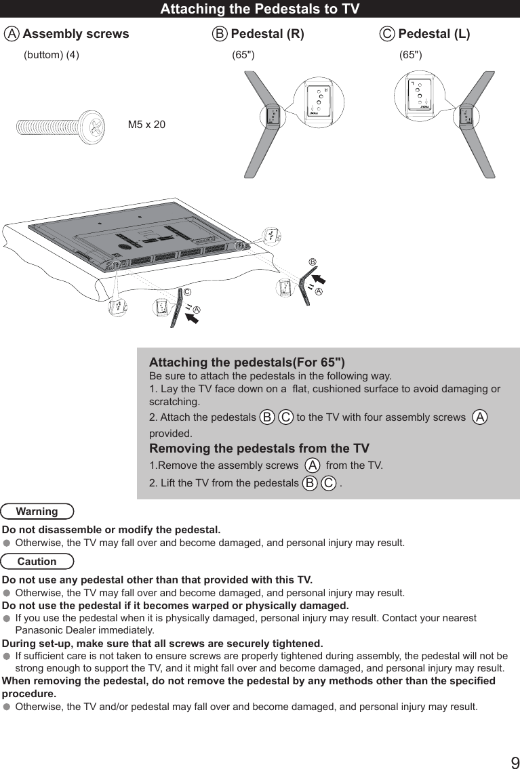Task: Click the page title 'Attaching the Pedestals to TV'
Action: pos(260,9)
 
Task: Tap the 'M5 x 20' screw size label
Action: pos(146,125)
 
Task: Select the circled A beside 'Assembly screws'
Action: pos(11,34)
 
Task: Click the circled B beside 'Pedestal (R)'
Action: pos(220,34)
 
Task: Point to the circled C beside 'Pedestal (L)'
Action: pos(387,34)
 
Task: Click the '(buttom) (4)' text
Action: pos(52,56)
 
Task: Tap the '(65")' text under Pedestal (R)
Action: pos(243,56)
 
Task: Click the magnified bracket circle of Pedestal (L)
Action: pos(418,96)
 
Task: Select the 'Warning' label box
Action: pos(37,512)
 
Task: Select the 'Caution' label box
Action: pos(37,562)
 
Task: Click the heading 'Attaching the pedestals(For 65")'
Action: pos(247,362)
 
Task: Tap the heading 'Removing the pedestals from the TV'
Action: pos(259,449)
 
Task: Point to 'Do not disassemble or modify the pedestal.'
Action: pos(111,529)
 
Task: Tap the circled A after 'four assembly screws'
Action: pos(480,417)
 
